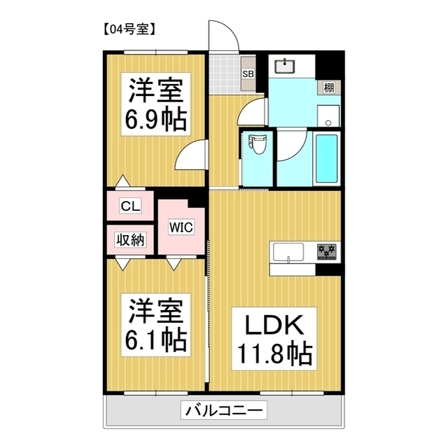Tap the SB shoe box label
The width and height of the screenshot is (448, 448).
coord(248,73)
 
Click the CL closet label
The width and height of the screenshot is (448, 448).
coord(131,206)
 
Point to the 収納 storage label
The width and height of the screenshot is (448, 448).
coord(131,239)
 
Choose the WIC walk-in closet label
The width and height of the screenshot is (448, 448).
coord(181,227)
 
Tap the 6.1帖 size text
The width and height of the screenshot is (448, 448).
coord(155,339)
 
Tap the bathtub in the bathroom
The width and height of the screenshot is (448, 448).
coord(326,157)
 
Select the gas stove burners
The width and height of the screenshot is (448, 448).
coord(326,251)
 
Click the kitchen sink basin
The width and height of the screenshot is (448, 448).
coord(287,251)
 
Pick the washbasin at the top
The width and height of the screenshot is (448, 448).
coord(285,66)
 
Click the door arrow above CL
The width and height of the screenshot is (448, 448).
coord(123,181)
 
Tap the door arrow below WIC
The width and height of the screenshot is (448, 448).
coord(174,263)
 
